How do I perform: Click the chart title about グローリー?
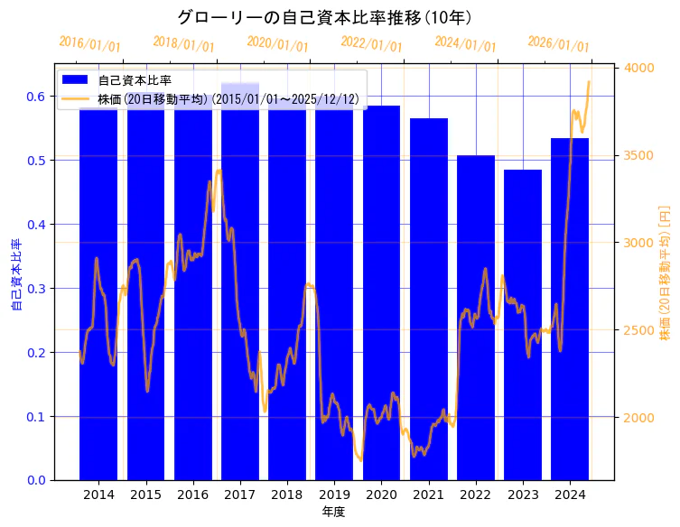(x=324, y=17)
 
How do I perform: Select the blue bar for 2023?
(x=523, y=325)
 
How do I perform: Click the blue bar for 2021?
(x=429, y=299)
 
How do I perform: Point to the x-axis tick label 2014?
(x=98, y=495)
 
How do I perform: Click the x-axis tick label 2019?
(x=334, y=495)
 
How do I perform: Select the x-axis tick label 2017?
(x=240, y=495)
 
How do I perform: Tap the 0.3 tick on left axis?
(x=35, y=289)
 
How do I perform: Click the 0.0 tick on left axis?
(x=35, y=480)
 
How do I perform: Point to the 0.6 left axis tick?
(x=35, y=97)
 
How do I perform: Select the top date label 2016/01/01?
(x=89, y=43)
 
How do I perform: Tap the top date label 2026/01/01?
(x=558, y=43)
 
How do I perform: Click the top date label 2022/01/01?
(x=371, y=43)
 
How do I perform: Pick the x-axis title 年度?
(x=334, y=512)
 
